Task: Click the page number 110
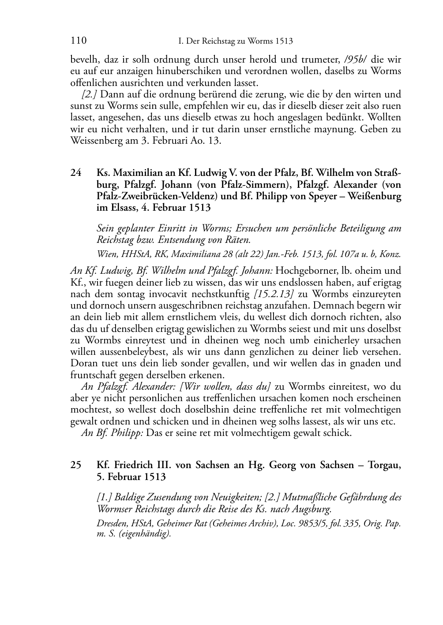tap(78, 41)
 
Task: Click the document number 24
tap(76, 173)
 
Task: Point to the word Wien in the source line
tap(105, 254)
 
